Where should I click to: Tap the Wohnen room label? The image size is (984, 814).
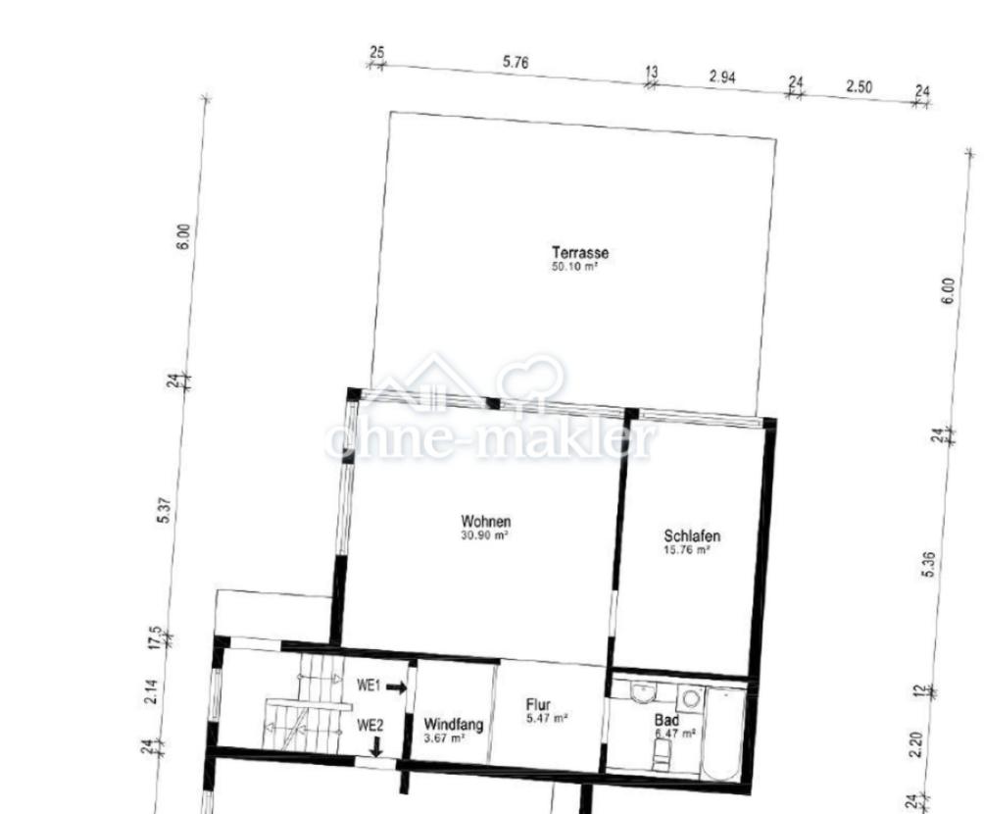486,522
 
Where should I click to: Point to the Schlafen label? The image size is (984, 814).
692,536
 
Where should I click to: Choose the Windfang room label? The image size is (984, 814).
453,725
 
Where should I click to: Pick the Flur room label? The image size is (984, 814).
538,705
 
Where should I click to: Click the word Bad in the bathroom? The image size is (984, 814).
666,719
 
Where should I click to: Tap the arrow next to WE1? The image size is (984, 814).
395,687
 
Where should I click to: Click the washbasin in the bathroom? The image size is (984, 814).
643,693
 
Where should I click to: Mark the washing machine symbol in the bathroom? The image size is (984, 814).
691,698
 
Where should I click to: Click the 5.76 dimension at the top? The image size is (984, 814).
516,62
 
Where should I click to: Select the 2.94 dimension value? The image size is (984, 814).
721,76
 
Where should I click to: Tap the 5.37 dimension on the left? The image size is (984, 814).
165,511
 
